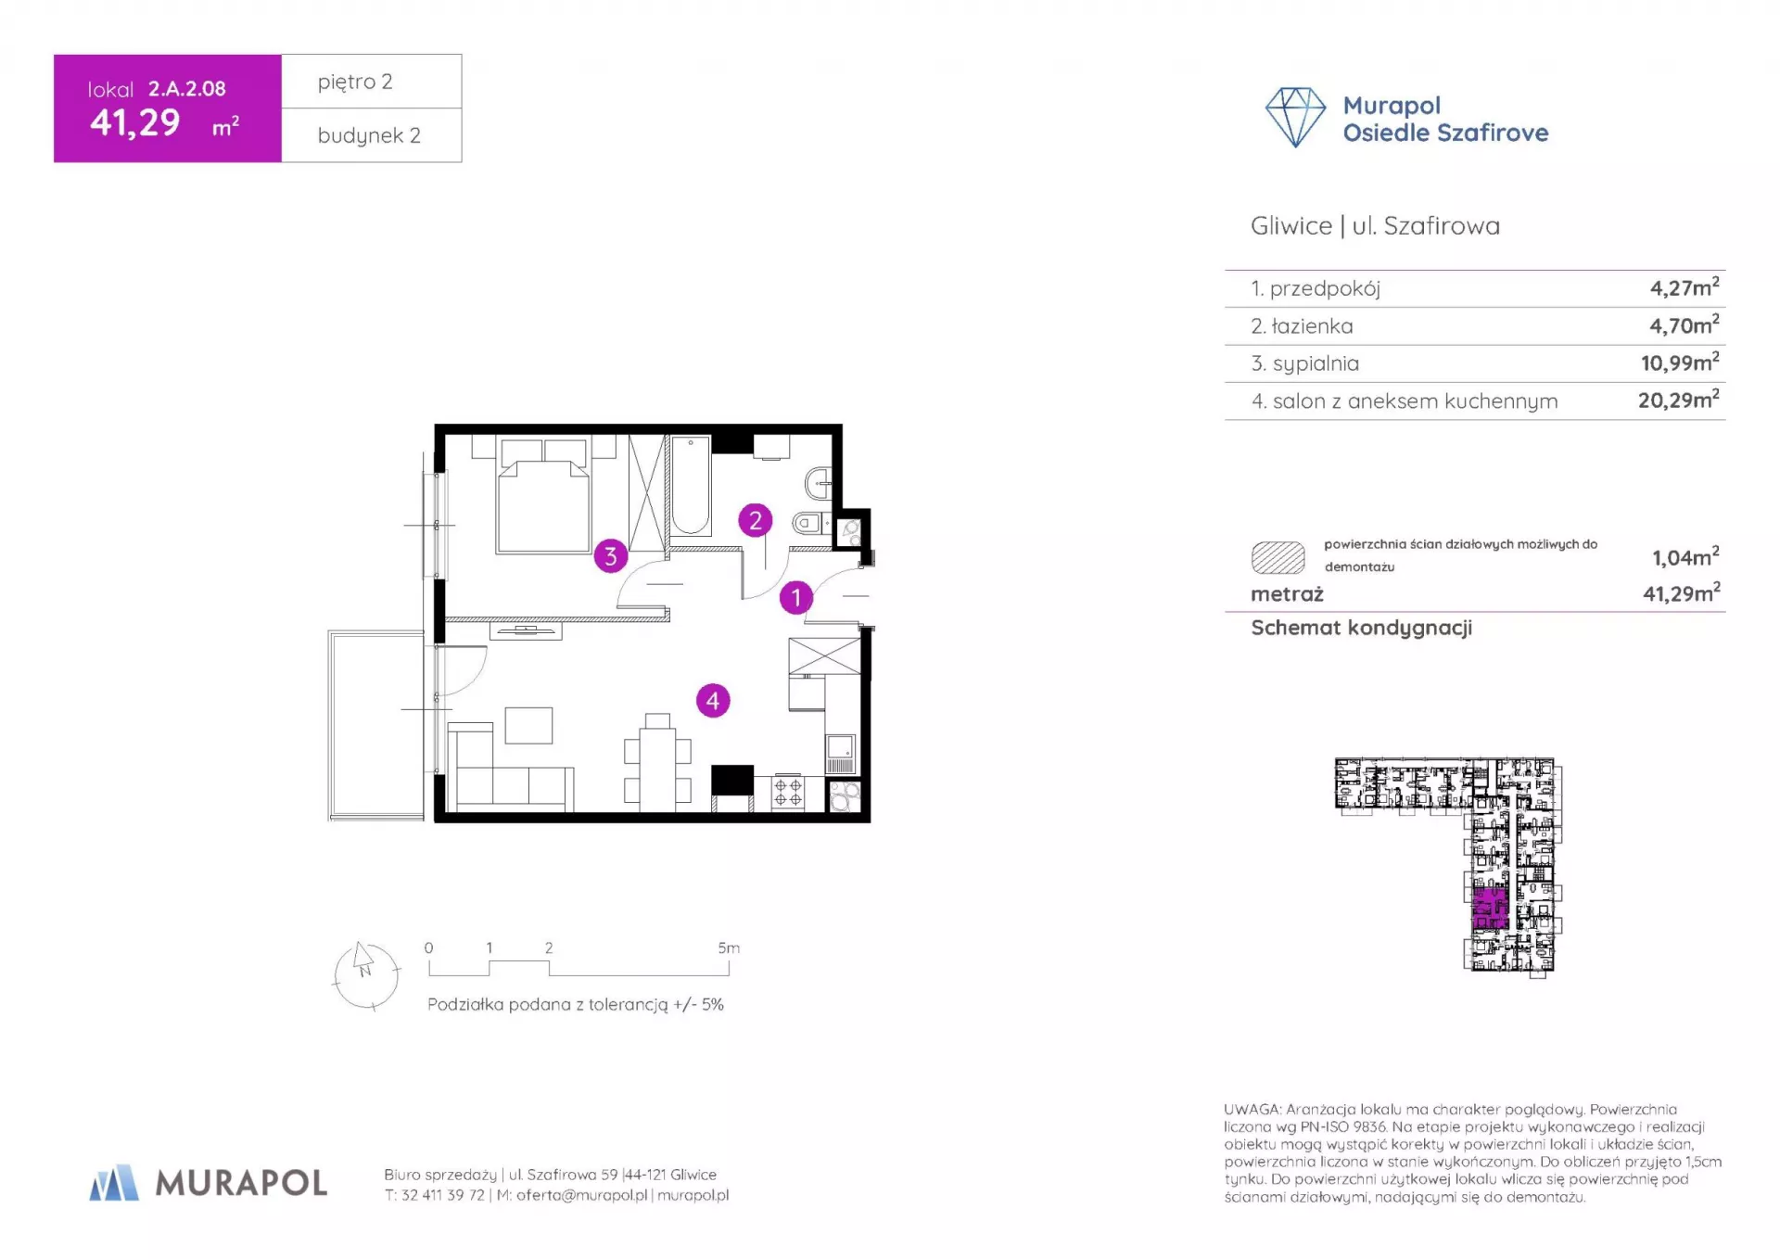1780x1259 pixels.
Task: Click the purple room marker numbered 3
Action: tap(610, 556)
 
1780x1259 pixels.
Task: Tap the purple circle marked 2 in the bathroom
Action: tap(755, 521)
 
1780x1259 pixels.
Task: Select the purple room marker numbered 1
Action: tap(795, 598)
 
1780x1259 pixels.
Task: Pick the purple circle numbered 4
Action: tap(712, 701)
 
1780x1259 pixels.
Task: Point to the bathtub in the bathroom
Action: tap(690, 486)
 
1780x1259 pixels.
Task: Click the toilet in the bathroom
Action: tap(811, 524)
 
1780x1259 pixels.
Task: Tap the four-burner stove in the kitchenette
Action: tap(788, 793)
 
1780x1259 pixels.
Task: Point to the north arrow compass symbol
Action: tap(365, 974)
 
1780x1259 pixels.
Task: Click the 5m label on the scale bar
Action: tap(729, 947)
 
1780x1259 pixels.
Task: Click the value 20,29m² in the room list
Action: tap(1678, 400)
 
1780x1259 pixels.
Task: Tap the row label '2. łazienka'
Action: tap(1302, 326)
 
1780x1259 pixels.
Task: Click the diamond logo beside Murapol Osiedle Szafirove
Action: tap(1295, 118)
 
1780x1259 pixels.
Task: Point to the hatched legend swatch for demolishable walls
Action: tap(1278, 557)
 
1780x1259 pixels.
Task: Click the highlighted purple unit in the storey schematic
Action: tap(1490, 908)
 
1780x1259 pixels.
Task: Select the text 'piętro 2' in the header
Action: tap(355, 83)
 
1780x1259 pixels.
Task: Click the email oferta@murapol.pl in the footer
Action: tap(581, 1195)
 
